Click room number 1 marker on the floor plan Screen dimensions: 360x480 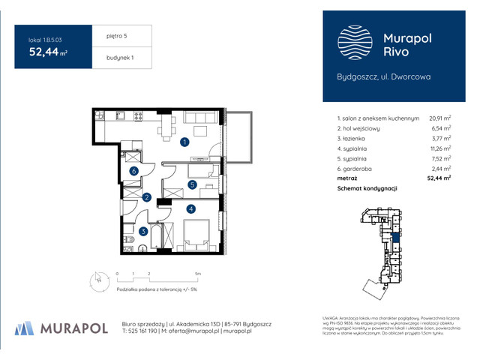click(x=184, y=141)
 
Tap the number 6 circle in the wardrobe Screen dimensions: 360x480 click(x=133, y=171)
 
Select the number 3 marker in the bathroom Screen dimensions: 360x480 click(x=143, y=232)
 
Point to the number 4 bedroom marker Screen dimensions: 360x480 click(x=191, y=208)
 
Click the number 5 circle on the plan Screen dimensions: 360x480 click(x=192, y=184)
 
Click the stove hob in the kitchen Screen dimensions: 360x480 click(x=138, y=116)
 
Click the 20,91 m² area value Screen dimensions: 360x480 click(x=439, y=118)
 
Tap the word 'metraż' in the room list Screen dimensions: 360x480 click(x=347, y=178)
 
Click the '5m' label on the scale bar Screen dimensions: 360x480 click(x=196, y=274)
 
